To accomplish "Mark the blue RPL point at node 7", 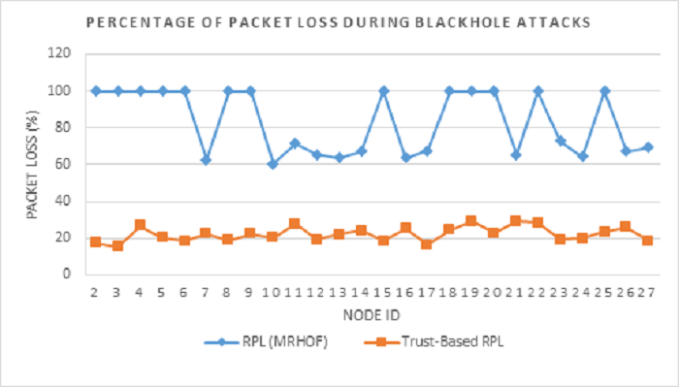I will click(x=207, y=159).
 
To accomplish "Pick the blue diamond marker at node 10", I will click(x=273, y=164).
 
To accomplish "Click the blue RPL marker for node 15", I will click(x=384, y=91).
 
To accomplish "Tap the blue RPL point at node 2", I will click(x=95, y=91).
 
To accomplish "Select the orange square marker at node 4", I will click(x=140, y=225).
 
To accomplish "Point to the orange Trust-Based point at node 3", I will click(x=117, y=245).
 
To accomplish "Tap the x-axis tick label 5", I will click(x=162, y=291).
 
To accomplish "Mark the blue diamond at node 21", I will click(x=517, y=155).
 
